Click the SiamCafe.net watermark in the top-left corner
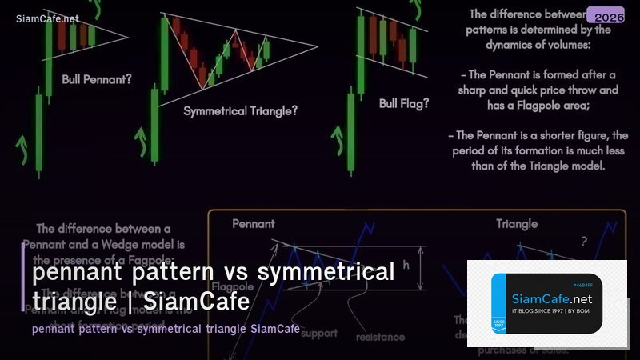(47, 18)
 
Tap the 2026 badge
(605, 15)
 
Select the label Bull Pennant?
(97, 79)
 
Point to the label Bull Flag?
(403, 103)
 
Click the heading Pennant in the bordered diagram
(254, 224)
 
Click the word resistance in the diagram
(380, 337)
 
